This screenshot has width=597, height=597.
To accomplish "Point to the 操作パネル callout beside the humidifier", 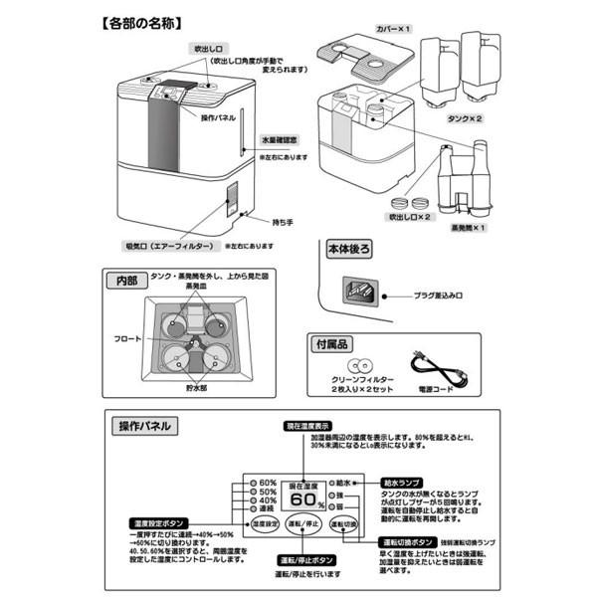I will pyautogui.click(x=217, y=117).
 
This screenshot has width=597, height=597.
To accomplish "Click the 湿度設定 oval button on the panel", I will pyautogui.click(x=265, y=523).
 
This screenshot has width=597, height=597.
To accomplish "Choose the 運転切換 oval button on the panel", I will pyautogui.click(x=342, y=523).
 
